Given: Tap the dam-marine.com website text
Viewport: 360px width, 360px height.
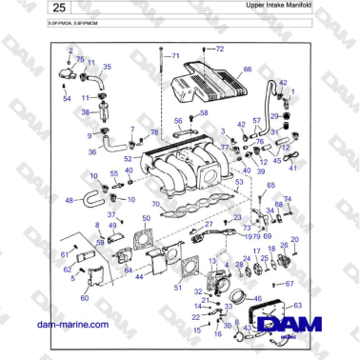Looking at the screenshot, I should pos(70,325).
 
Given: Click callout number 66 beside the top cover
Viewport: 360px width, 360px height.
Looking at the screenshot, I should pos(248,70).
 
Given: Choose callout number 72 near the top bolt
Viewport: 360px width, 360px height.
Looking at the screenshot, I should pos(219,48).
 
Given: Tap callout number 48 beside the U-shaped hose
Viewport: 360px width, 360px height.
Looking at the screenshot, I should pos(69,201).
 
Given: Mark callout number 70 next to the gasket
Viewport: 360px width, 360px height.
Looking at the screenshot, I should pos(155,204).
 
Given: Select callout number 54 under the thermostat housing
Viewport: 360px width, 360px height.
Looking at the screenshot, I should pos(67,98).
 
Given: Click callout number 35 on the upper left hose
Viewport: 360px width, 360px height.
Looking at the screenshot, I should pos(106,67).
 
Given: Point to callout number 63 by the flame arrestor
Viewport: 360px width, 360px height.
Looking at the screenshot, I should pos(298,305).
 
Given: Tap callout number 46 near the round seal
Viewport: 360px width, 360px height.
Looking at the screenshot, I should pos(255,297).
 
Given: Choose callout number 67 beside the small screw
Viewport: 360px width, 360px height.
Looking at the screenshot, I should pos(290,284).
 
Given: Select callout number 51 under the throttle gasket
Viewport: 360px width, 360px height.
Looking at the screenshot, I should pos(177,287).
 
